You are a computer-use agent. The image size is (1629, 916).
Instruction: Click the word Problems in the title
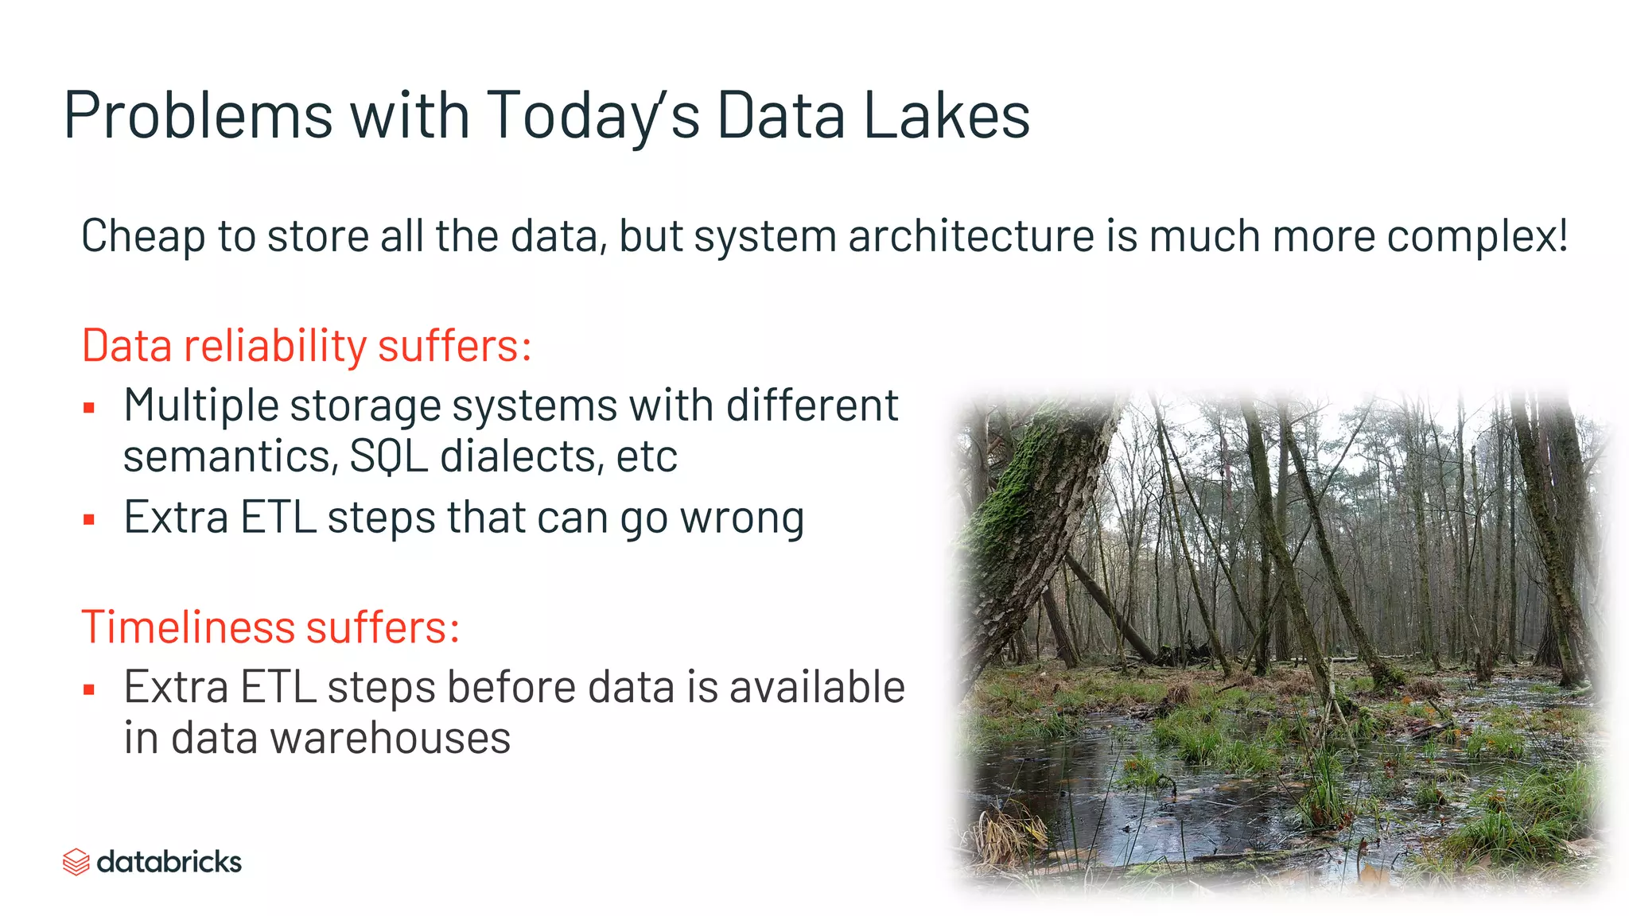[x=197, y=116]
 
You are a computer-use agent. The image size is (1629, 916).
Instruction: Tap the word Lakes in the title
[x=946, y=116]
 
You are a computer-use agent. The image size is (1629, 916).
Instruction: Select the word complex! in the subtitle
[x=1477, y=237]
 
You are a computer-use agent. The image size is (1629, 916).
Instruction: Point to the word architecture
[x=971, y=237]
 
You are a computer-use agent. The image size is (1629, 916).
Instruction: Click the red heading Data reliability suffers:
[x=306, y=346]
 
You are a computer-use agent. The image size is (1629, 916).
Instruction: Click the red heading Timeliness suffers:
[x=270, y=627]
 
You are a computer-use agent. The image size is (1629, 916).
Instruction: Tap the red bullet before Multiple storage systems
[x=89, y=409]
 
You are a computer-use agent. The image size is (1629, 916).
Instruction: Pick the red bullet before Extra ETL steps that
[x=89, y=521]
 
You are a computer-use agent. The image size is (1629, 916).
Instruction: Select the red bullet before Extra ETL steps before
[x=89, y=689]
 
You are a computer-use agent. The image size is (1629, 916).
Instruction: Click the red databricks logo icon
[x=76, y=862]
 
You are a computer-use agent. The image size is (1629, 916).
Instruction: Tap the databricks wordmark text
[x=169, y=862]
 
